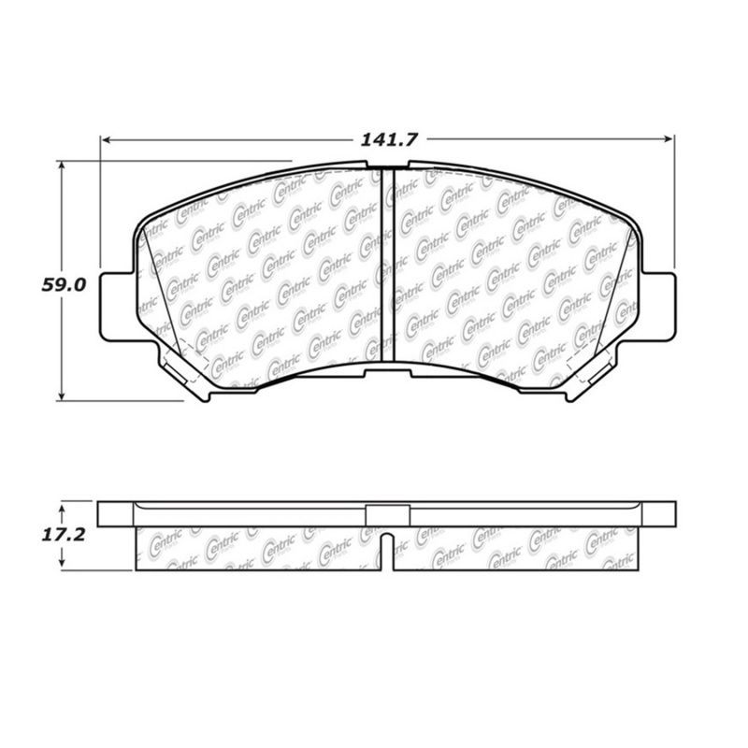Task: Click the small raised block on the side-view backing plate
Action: (387, 514)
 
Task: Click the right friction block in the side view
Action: (514, 547)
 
